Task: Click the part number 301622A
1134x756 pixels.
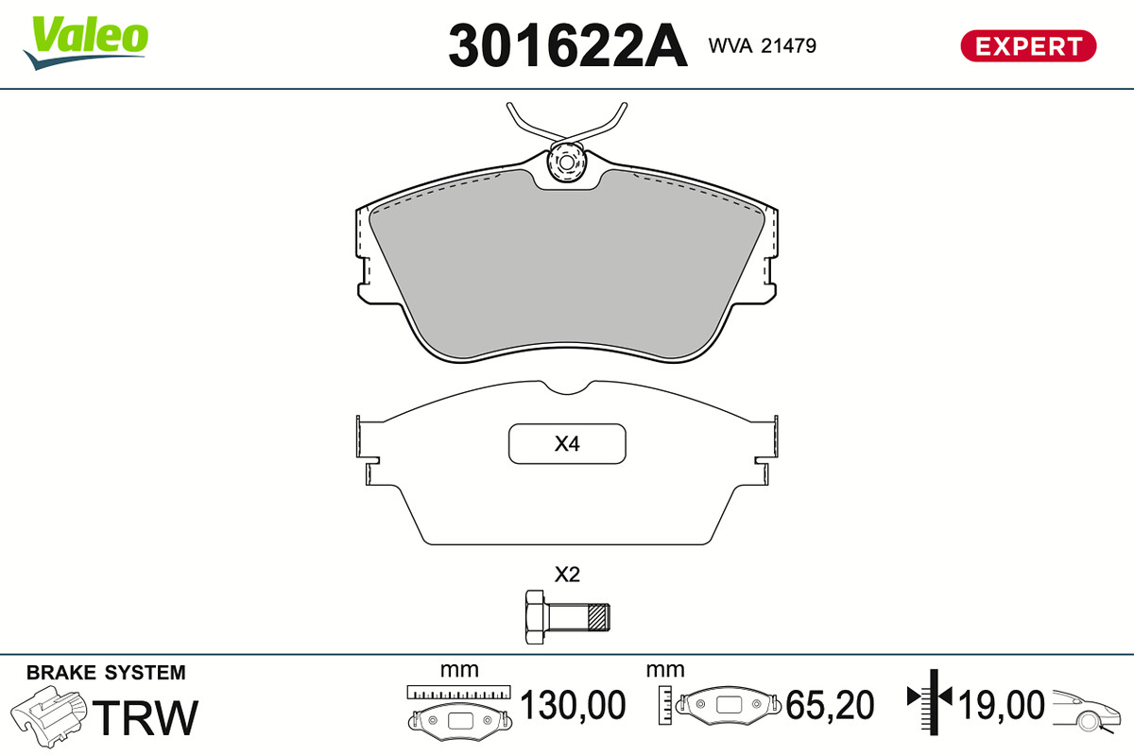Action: (x=568, y=45)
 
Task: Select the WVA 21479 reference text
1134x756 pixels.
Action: (x=762, y=46)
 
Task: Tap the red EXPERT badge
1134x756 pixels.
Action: (x=1028, y=46)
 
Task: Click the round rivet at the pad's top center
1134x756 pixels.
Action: (x=566, y=163)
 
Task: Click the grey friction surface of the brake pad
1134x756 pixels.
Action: (x=566, y=264)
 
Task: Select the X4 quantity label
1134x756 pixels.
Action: (x=566, y=444)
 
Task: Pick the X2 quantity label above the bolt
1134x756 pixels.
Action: (x=567, y=575)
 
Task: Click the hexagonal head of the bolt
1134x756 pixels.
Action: (x=535, y=617)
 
